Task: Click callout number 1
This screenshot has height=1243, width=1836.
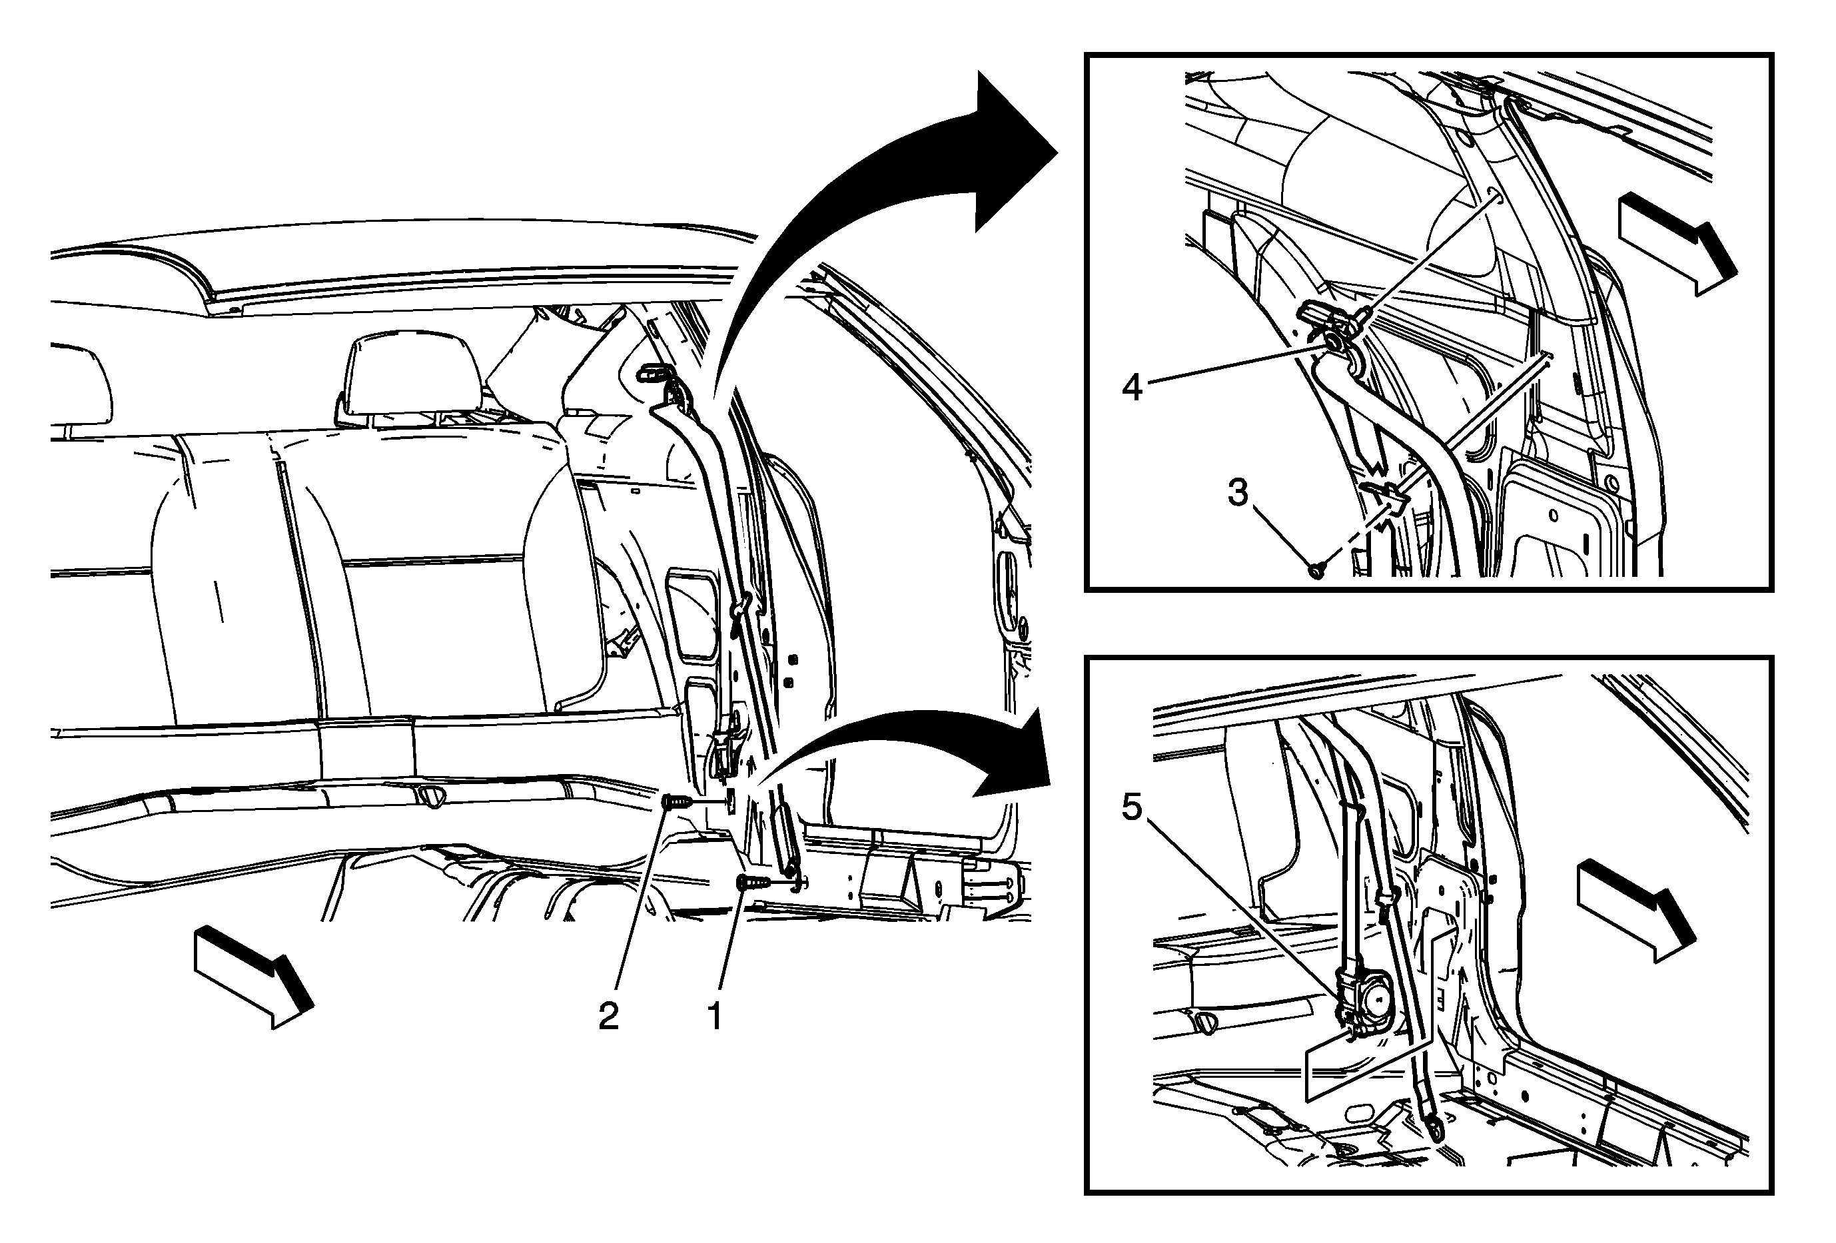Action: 715,1017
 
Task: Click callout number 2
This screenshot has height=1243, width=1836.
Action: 608,1017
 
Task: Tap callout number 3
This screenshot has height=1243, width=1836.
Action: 1237,493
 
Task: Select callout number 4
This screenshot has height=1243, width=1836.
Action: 1132,388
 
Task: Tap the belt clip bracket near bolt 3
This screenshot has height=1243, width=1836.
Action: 1386,498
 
